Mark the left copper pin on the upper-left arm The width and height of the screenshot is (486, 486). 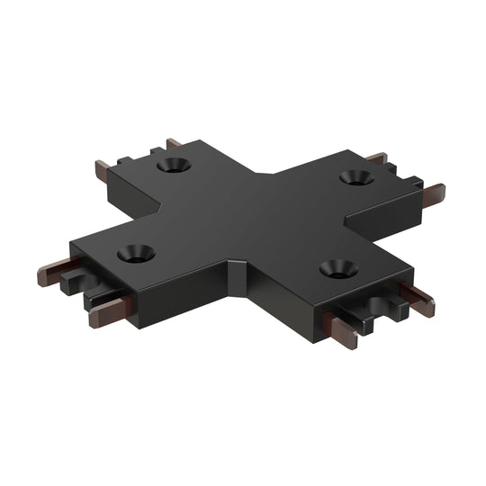103,168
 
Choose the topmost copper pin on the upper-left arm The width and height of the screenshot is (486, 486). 174,143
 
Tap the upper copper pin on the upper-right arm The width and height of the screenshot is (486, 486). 376,158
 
